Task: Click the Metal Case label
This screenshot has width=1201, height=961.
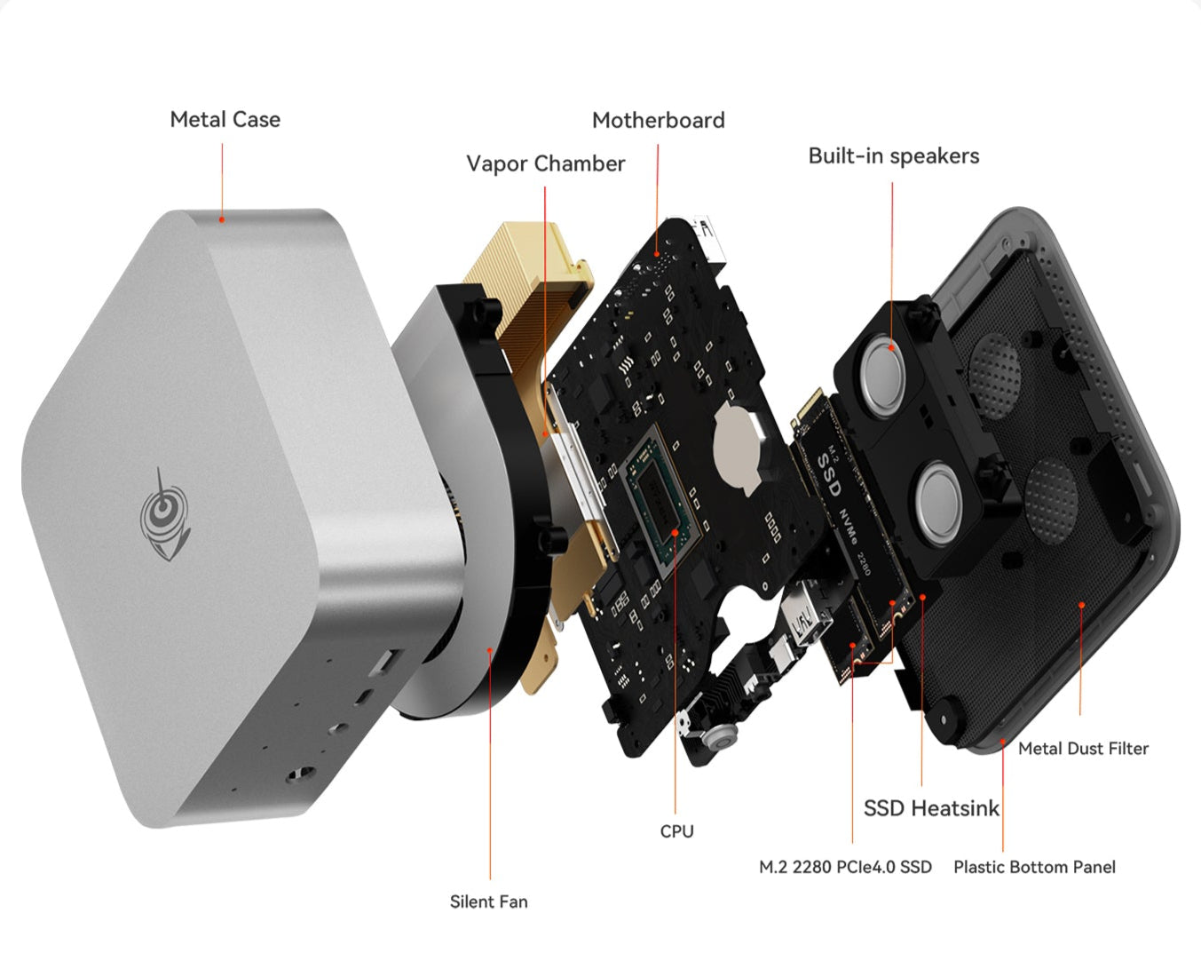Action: pyautogui.click(x=225, y=120)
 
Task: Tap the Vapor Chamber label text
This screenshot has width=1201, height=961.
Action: pyautogui.click(x=545, y=163)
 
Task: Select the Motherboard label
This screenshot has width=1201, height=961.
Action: pyautogui.click(x=659, y=120)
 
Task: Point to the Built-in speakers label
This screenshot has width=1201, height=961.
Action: pyautogui.click(x=894, y=155)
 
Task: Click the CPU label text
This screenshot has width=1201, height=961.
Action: pyautogui.click(x=676, y=831)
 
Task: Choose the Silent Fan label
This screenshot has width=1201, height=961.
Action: pyautogui.click(x=489, y=901)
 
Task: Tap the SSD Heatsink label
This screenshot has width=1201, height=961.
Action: pyautogui.click(x=931, y=808)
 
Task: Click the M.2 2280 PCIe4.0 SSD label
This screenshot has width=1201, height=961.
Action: pyautogui.click(x=846, y=867)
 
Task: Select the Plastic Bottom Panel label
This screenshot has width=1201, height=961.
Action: pyautogui.click(x=1035, y=867)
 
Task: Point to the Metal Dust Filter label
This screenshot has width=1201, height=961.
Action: pyautogui.click(x=1083, y=748)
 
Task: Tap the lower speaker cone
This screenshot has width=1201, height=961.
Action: pyautogui.click(x=939, y=503)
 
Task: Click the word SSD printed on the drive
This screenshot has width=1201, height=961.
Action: pyautogui.click(x=829, y=473)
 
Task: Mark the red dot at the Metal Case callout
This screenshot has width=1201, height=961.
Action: pyautogui.click(x=222, y=220)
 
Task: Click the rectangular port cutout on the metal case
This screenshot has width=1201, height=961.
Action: pyautogui.click(x=387, y=662)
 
